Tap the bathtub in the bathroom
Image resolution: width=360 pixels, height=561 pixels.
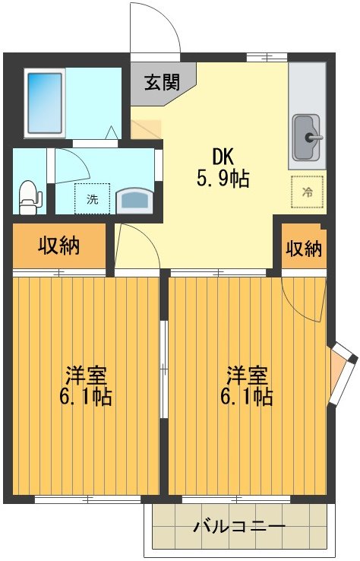pos(46,102)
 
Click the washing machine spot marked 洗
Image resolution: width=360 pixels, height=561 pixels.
pos(92,200)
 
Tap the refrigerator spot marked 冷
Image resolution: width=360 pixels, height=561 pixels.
pos(307,192)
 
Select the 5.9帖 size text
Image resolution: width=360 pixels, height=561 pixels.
pos(223,179)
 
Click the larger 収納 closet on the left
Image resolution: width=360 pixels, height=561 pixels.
pos(60,246)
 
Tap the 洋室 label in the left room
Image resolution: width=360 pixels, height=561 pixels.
pos(86,375)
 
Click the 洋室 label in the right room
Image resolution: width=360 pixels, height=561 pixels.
pos(248,375)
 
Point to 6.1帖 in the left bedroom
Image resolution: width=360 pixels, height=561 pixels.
pos(86,397)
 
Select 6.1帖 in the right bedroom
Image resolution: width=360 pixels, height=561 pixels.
pos(248,397)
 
